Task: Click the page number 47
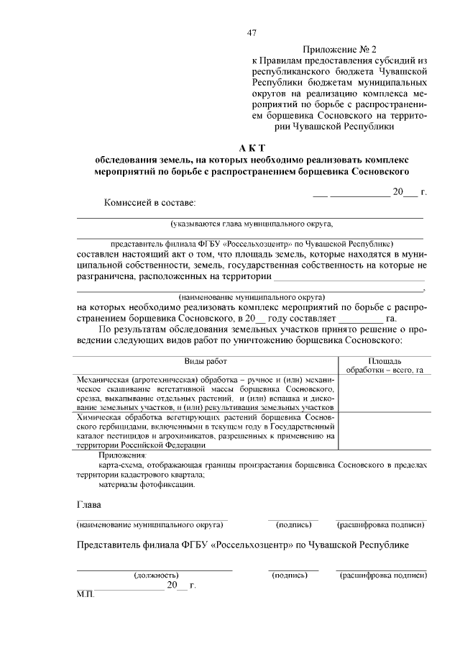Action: click(x=252, y=32)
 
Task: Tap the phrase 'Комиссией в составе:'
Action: click(x=149, y=204)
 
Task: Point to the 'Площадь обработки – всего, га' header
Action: click(x=384, y=365)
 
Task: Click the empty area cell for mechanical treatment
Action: click(x=384, y=393)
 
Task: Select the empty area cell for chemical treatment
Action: click(x=384, y=430)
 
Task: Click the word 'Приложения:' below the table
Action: click(x=122, y=455)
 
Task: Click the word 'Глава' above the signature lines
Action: click(x=90, y=504)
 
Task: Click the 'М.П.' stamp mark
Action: click(x=85, y=596)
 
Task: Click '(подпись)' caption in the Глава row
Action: click(x=293, y=524)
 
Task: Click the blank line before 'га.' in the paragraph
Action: click(x=361, y=319)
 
